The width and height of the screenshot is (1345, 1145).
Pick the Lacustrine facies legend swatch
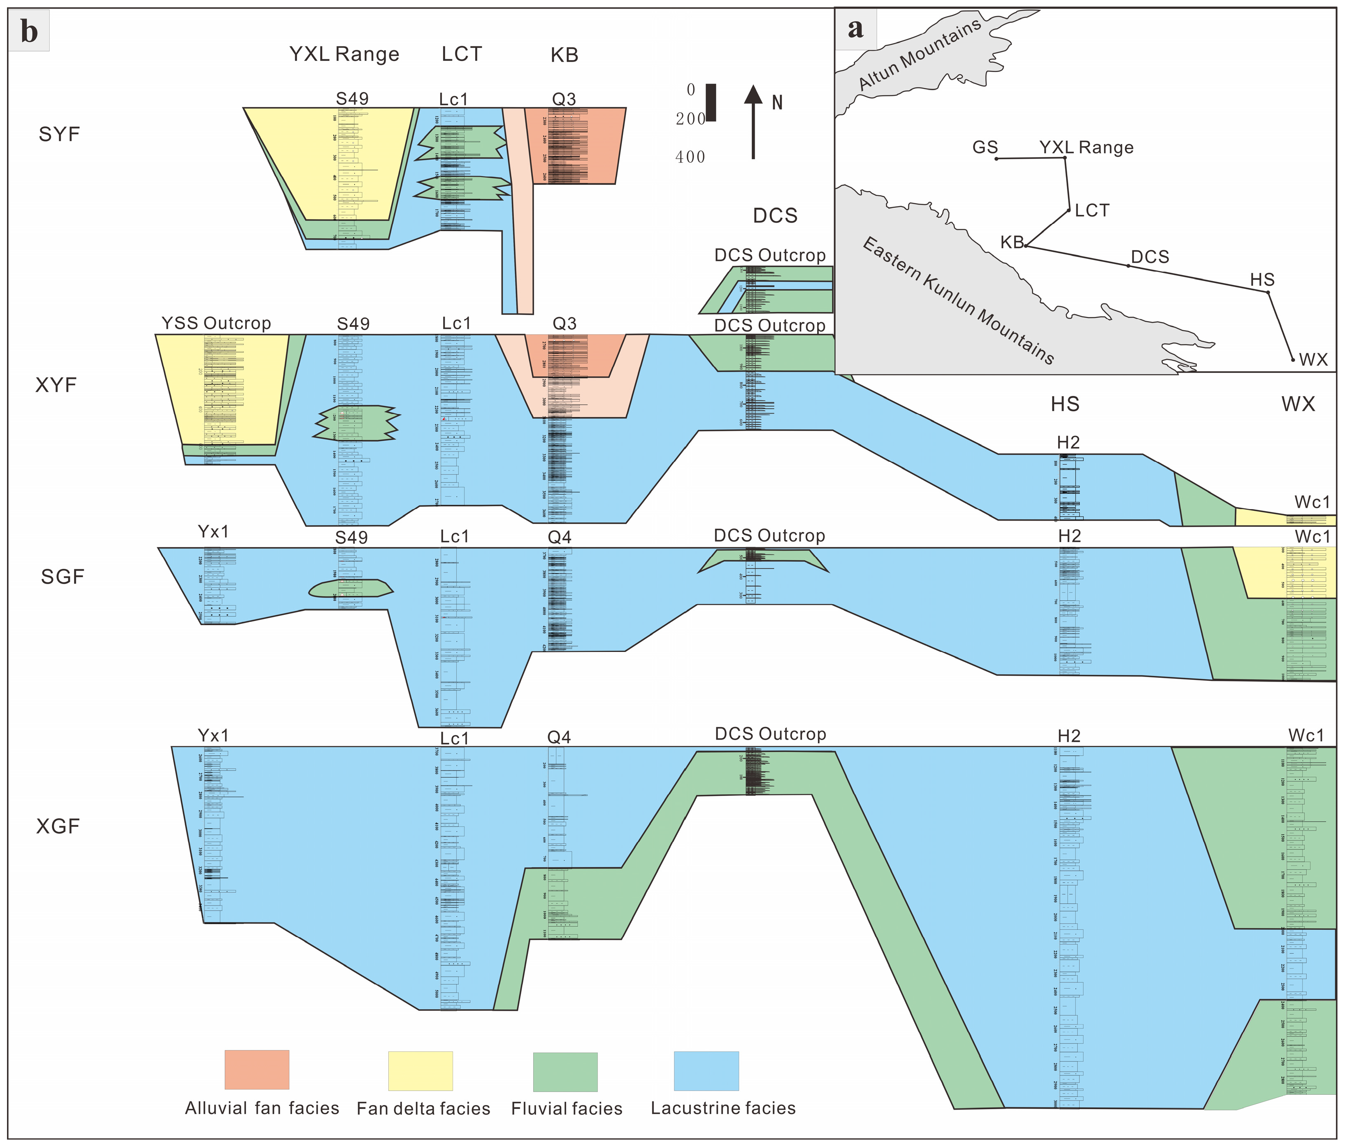click(x=706, y=1071)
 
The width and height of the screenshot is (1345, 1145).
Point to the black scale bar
click(x=711, y=102)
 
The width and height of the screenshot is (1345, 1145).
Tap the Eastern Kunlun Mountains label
click(x=958, y=300)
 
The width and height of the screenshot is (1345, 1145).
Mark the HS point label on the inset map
click(x=1262, y=280)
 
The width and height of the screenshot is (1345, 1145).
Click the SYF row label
click(x=59, y=134)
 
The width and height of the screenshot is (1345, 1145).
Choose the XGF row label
click(x=58, y=826)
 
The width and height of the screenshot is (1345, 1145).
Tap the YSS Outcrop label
click(x=216, y=323)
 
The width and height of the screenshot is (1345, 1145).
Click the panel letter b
click(x=29, y=31)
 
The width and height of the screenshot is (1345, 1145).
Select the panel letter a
click(x=856, y=28)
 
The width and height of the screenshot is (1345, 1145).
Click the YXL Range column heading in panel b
click(x=344, y=54)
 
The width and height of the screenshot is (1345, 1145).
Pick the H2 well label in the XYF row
click(x=1068, y=443)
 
